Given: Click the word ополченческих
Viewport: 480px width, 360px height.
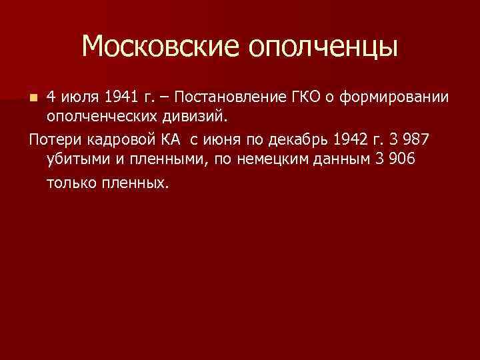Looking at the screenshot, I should pos(95,117).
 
